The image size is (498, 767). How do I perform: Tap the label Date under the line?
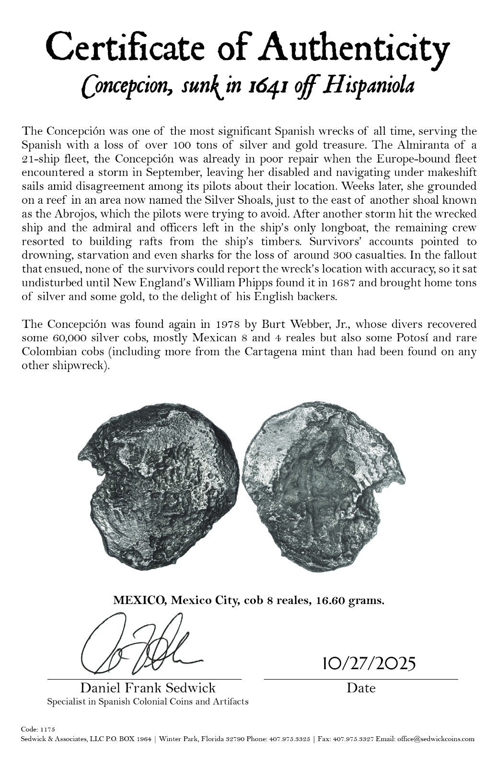point(361,688)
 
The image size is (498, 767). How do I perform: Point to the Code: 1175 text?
point(38,729)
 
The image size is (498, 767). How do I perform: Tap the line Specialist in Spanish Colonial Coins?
point(148,702)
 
